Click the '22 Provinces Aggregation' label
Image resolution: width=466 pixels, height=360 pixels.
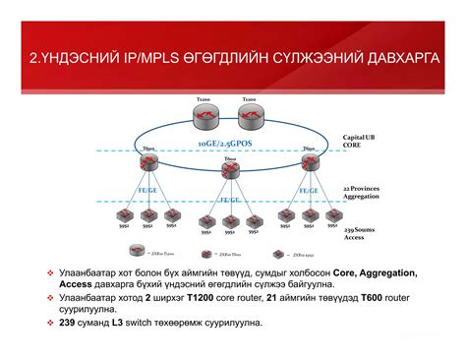tap(363, 192)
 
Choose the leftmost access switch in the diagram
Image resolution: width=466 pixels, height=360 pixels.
tap(123, 214)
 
